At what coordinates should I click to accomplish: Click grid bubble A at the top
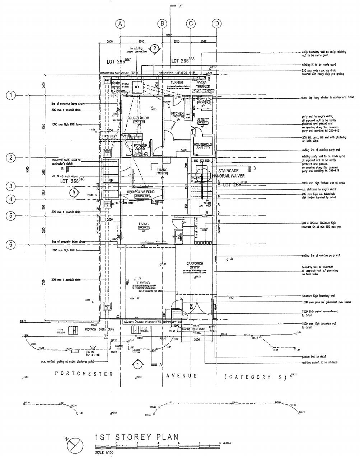pyautogui.click(x=121, y=24)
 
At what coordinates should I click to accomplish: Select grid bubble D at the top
pyautogui.click(x=216, y=24)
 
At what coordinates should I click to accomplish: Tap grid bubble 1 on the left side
pyautogui.click(x=11, y=95)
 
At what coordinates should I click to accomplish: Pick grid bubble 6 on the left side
pyautogui.click(x=11, y=245)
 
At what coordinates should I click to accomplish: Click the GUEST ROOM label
pyautogui.click(x=139, y=118)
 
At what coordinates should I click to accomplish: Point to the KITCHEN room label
pyautogui.click(x=177, y=113)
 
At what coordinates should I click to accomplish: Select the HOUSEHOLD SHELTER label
pyautogui.click(x=203, y=146)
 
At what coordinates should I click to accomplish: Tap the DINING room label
pyautogui.click(x=163, y=170)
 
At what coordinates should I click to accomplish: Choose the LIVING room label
pyautogui.click(x=144, y=224)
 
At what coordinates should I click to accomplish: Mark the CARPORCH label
pyautogui.click(x=195, y=264)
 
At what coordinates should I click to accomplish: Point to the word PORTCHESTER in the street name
pyautogui.click(x=84, y=374)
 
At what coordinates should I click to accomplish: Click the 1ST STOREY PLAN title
pyautogui.click(x=136, y=437)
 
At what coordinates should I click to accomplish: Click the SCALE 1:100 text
pyautogui.click(x=104, y=453)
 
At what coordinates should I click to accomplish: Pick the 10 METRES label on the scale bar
pyautogui.click(x=225, y=443)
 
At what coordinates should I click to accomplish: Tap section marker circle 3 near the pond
pyautogui.click(x=74, y=193)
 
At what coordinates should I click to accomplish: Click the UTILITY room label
pyautogui.click(x=203, y=120)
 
